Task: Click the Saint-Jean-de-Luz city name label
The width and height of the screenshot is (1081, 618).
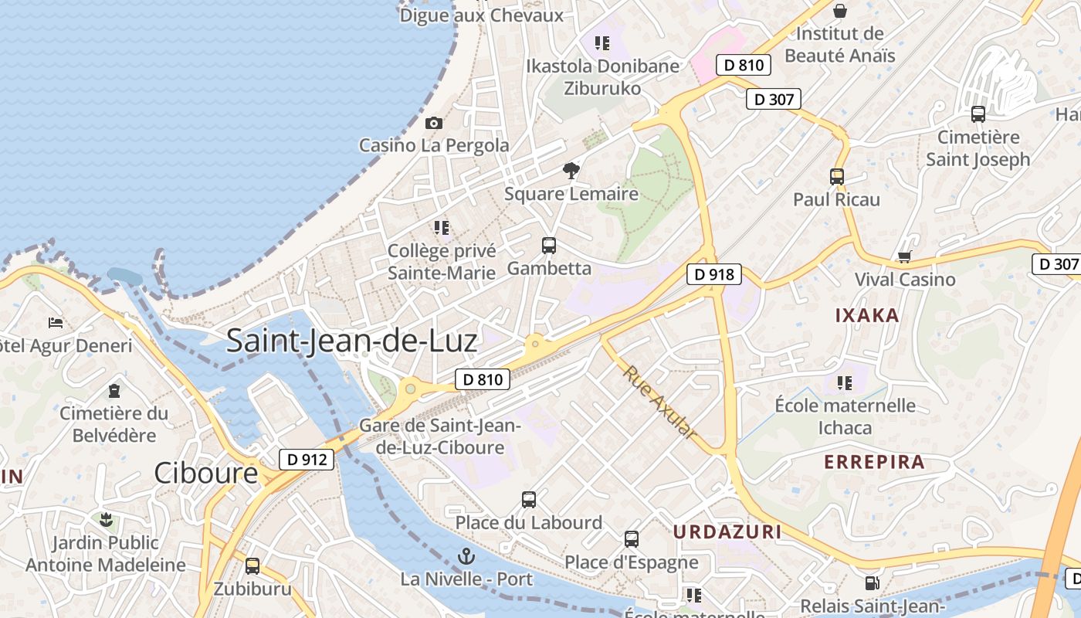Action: [352, 341]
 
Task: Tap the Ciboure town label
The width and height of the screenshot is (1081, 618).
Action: [205, 473]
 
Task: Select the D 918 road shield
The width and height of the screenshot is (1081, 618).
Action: [714, 274]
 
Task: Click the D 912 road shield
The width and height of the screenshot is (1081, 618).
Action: [307, 460]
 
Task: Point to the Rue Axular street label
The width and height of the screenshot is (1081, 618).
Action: [660, 402]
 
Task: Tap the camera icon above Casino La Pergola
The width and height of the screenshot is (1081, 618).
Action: [434, 123]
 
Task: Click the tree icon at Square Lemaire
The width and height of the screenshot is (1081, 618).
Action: [571, 171]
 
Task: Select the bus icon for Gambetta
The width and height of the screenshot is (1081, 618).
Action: [549, 246]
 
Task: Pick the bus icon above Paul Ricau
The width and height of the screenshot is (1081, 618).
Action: [837, 176]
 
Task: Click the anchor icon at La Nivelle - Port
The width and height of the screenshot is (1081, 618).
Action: [466, 555]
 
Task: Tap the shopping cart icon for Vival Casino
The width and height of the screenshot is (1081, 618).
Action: [904, 256]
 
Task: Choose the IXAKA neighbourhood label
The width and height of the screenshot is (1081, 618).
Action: [867, 315]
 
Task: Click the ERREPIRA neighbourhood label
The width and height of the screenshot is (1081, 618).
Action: [874, 462]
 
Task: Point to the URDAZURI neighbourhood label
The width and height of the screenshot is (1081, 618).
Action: [727, 531]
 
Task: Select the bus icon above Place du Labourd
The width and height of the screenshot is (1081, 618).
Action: [529, 499]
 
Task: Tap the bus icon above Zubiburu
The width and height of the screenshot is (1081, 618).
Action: [252, 565]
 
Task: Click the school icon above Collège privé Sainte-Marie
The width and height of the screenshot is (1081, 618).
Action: [442, 228]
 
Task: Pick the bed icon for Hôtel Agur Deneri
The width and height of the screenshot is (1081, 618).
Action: [56, 322]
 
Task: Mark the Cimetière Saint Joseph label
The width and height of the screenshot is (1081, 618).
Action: [978, 148]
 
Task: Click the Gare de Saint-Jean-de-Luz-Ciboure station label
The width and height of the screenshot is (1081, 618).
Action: [440, 436]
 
